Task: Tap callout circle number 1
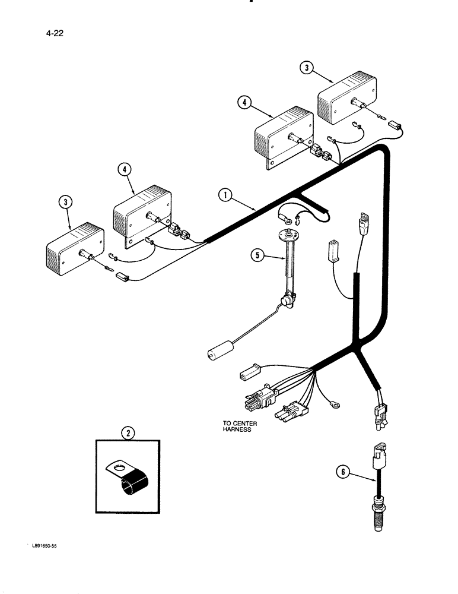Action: (x=224, y=193)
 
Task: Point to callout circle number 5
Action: (x=257, y=256)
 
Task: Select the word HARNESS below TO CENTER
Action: (x=237, y=429)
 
